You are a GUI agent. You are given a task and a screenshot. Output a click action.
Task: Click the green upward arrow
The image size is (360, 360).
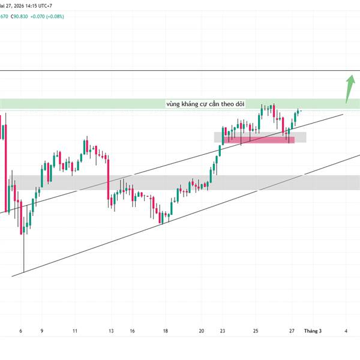coord(349,89)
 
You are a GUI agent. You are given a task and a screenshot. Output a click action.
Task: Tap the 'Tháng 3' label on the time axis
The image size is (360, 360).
coord(313,331)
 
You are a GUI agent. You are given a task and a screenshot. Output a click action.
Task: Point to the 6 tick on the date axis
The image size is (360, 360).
coord(21,331)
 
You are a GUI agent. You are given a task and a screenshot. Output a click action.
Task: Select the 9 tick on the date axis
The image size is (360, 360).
coord(41,331)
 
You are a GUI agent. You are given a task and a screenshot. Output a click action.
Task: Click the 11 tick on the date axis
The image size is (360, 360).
coord(75,331)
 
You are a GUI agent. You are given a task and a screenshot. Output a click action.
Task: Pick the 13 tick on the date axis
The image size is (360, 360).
coord(111,331)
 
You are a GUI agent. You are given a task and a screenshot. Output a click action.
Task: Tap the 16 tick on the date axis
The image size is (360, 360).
coord(131,331)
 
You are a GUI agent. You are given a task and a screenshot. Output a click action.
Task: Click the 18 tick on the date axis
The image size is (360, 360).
coord(165,331)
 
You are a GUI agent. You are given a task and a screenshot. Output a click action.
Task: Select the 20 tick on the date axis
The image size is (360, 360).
coord(202,331)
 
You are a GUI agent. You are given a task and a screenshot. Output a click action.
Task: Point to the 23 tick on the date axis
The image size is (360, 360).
coord(223,331)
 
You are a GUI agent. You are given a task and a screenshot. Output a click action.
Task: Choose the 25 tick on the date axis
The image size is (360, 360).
coord(256,331)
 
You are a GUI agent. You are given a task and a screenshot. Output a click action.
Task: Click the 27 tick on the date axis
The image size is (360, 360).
coord(292,331)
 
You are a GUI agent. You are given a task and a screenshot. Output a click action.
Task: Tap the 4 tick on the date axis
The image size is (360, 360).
coord(346,331)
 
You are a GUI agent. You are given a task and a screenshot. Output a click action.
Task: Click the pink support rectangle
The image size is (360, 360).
coord(259,140)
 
